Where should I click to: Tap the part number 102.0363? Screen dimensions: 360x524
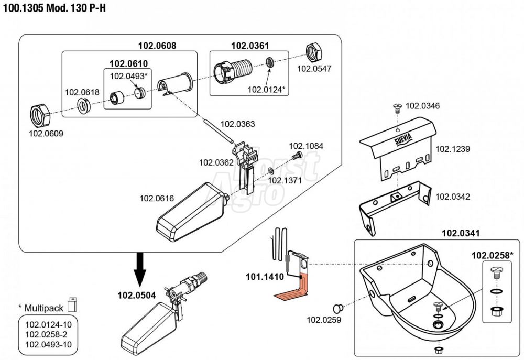pos(237,124)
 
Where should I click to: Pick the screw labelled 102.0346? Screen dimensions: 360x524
pos(398,108)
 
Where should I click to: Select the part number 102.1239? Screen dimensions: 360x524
pos(453,149)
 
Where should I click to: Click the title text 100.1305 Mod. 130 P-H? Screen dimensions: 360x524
pos(51,9)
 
